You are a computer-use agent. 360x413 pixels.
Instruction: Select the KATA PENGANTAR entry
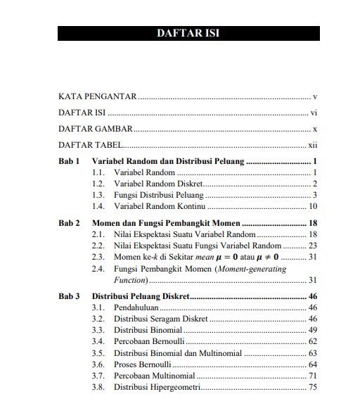pos(97,96)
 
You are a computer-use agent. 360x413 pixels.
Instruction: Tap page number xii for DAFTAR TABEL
pos(314,146)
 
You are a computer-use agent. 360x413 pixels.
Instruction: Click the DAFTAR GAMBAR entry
pos(95,129)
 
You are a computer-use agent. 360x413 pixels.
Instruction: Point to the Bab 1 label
pos(69,161)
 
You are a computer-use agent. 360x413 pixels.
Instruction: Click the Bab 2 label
pos(69,223)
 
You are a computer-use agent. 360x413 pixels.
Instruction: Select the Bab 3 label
pos(69,296)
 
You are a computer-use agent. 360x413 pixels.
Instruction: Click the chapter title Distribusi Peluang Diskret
pos(141,296)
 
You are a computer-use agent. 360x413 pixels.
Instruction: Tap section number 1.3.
pos(98,195)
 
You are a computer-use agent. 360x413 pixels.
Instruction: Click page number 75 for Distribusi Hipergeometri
pos(314,386)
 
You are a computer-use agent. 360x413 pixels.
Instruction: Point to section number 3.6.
pos(98,364)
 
